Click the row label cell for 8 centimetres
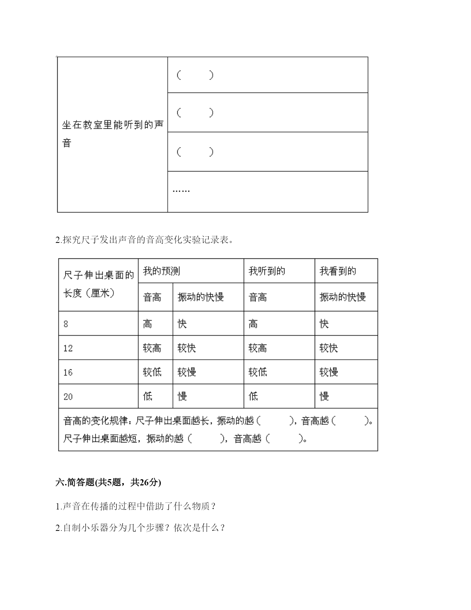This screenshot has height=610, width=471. click(x=66, y=324)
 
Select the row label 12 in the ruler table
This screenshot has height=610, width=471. click(x=68, y=348)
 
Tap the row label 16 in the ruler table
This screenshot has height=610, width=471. click(x=68, y=372)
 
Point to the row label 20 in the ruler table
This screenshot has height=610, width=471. click(x=68, y=397)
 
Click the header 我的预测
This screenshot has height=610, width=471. click(x=161, y=271)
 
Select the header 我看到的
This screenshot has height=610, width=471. click(x=338, y=271)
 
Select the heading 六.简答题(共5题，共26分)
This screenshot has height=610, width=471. click(x=108, y=482)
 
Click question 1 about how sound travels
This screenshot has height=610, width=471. click(x=136, y=506)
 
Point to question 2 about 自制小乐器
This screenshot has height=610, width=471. click(x=140, y=528)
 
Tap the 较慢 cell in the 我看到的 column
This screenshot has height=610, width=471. click(x=329, y=372)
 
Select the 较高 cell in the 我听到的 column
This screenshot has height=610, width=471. click(x=258, y=348)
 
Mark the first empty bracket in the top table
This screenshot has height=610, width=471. click(x=195, y=75)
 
